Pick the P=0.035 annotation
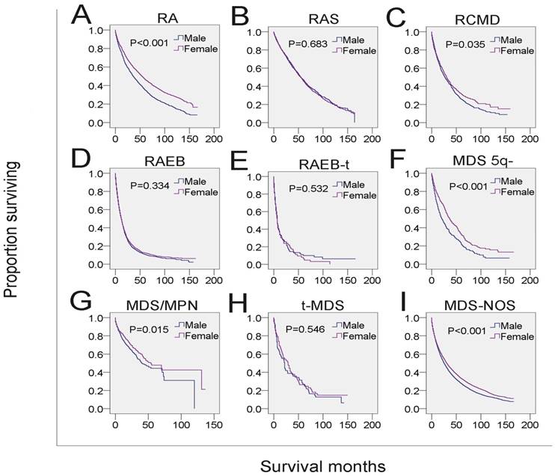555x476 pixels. [465, 44]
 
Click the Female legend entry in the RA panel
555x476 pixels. [197, 49]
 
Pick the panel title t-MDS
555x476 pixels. [320, 304]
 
